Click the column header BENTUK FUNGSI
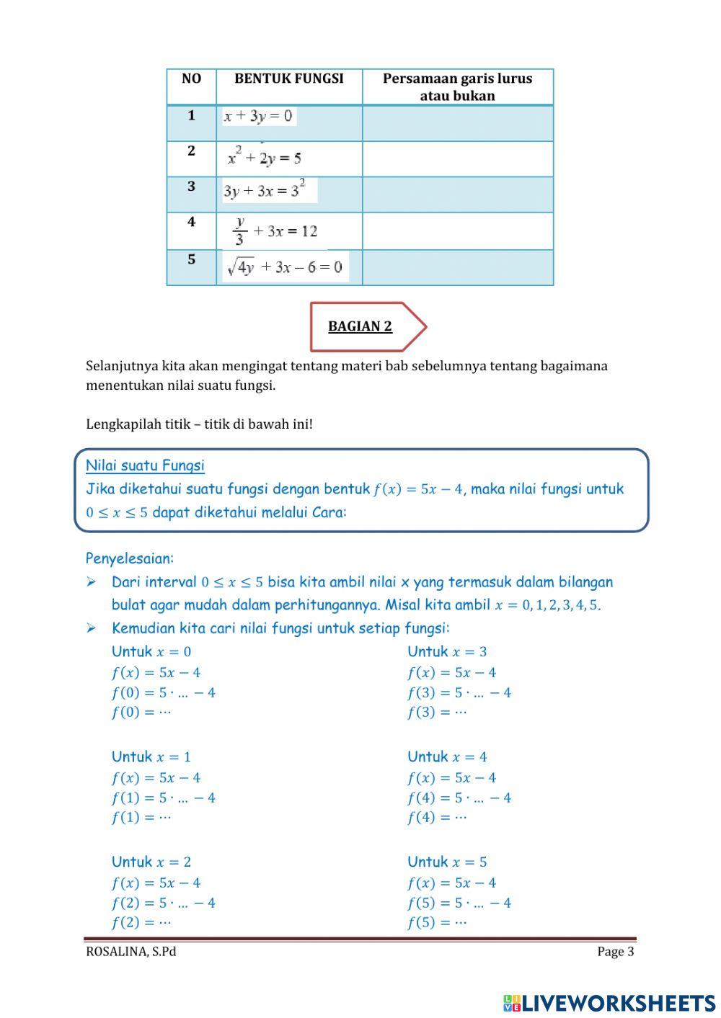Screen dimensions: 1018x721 [288, 79]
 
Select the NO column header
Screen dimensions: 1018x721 [191, 79]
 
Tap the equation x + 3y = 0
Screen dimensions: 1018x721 [258, 116]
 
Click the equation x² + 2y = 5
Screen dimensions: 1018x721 [264, 157]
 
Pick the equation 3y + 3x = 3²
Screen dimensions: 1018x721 [265, 191]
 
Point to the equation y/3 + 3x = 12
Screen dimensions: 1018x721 [275, 231]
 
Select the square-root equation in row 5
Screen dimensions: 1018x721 [285, 267]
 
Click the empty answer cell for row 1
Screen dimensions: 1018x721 [457, 123]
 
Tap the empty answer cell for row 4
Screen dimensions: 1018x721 [457, 231]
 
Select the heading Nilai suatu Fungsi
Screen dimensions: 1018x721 [145, 465]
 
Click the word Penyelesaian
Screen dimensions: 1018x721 [130, 558]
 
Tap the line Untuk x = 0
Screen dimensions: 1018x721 [151, 651]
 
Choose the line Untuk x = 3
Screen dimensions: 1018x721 [447, 651]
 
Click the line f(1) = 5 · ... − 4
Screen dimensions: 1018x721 [164, 798]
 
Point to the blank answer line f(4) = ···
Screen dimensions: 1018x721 [437, 817]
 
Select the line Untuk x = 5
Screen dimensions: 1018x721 [447, 862]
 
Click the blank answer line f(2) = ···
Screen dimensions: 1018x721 [141, 922]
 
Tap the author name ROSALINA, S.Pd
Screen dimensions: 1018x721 [131, 952]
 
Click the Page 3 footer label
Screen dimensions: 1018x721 [615, 952]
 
